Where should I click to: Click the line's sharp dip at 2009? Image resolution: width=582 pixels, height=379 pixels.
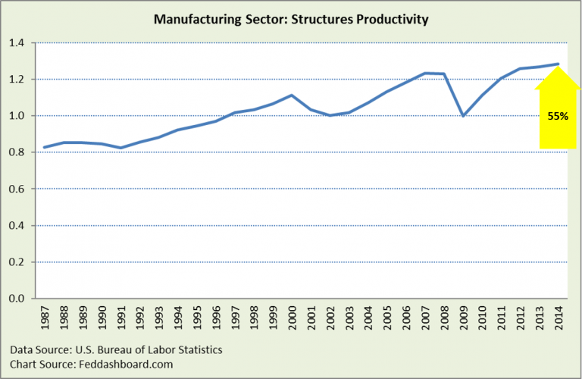[x=462, y=116]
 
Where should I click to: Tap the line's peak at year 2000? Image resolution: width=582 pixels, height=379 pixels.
[x=292, y=96]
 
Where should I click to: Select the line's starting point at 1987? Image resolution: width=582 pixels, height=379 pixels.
[x=45, y=147]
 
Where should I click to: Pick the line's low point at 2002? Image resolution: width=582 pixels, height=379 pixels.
[x=330, y=115]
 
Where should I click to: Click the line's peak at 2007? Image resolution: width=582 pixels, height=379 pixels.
[x=424, y=73]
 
